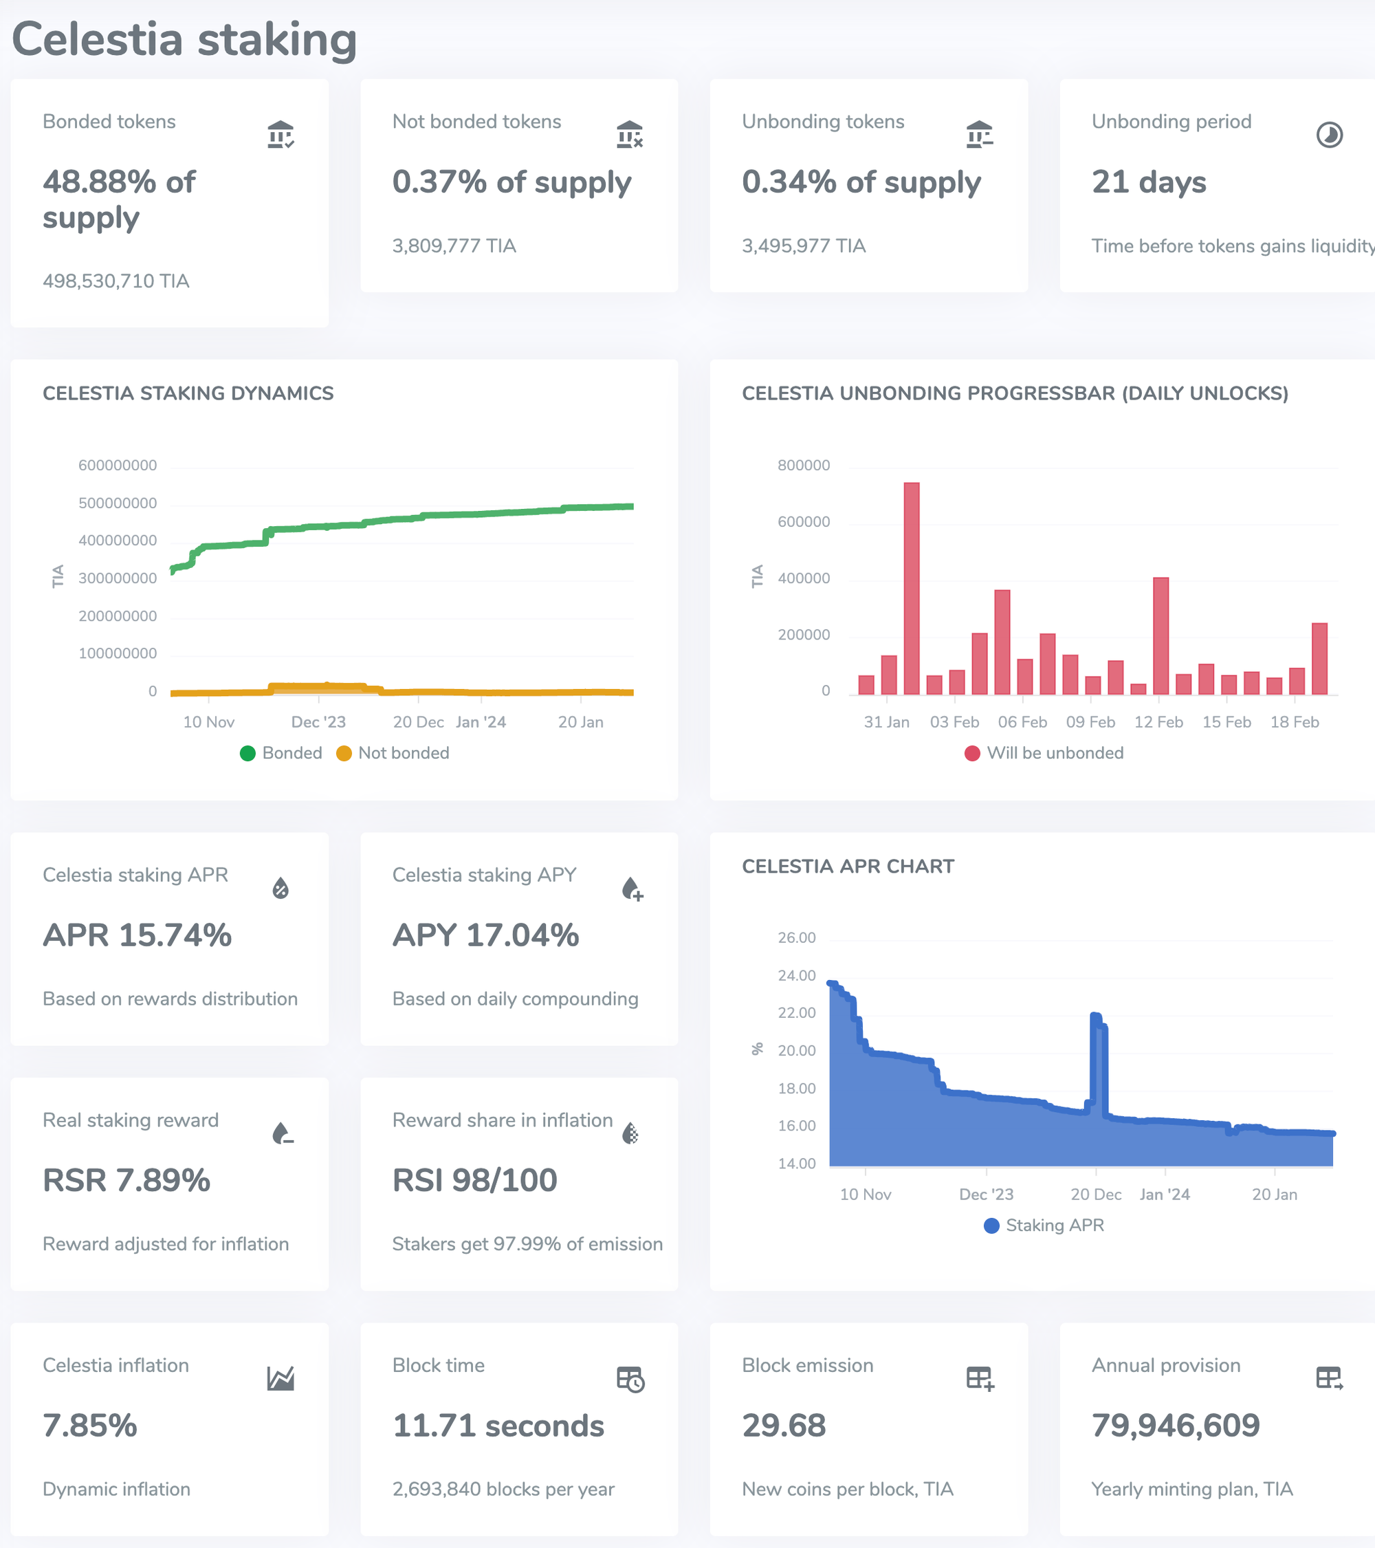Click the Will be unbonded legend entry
[x=1044, y=753]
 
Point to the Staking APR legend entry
[x=1044, y=1225]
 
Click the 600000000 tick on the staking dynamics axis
[x=118, y=465]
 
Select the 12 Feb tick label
[x=1158, y=722]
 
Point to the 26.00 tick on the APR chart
[x=797, y=937]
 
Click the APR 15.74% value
[x=137, y=935]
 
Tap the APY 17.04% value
[x=485, y=935]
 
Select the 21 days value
[x=1149, y=182]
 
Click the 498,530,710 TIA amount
[x=116, y=281]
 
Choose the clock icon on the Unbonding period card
[x=1329, y=135]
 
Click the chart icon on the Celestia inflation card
[x=280, y=1378]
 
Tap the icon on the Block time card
[x=630, y=1379]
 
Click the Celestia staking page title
[x=184, y=39]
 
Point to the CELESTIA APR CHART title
[x=848, y=866]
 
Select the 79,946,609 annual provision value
[x=1175, y=1426]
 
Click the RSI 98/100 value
[x=475, y=1180]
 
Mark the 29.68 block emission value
[x=784, y=1426]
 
